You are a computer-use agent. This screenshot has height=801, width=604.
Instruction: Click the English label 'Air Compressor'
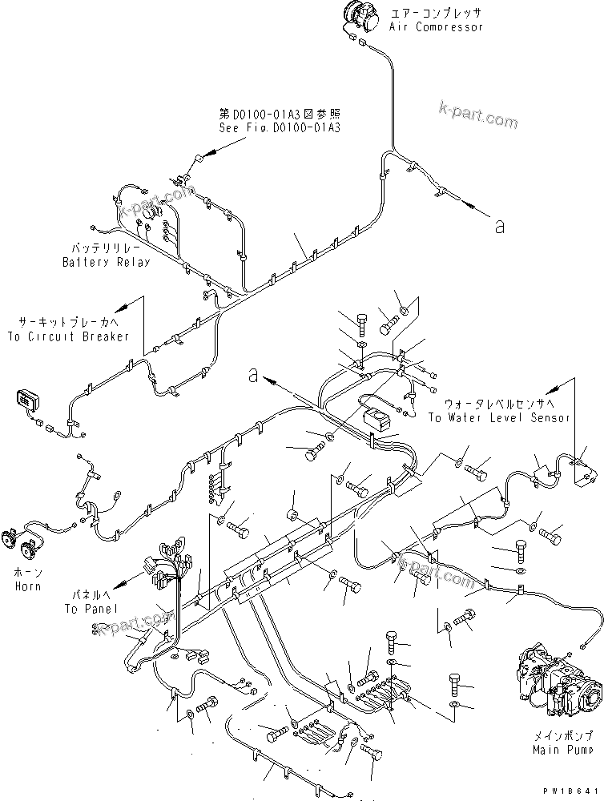click(x=437, y=27)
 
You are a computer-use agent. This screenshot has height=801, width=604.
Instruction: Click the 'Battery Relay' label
click(x=107, y=262)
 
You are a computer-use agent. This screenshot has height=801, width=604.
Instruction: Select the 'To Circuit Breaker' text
click(x=68, y=336)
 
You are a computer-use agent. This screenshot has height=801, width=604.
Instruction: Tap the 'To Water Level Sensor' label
click(x=498, y=417)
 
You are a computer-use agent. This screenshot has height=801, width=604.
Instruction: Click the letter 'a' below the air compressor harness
click(x=500, y=227)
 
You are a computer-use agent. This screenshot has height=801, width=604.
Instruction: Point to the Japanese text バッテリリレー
click(x=107, y=250)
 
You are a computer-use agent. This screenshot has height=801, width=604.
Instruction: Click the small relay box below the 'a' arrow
click(x=374, y=418)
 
